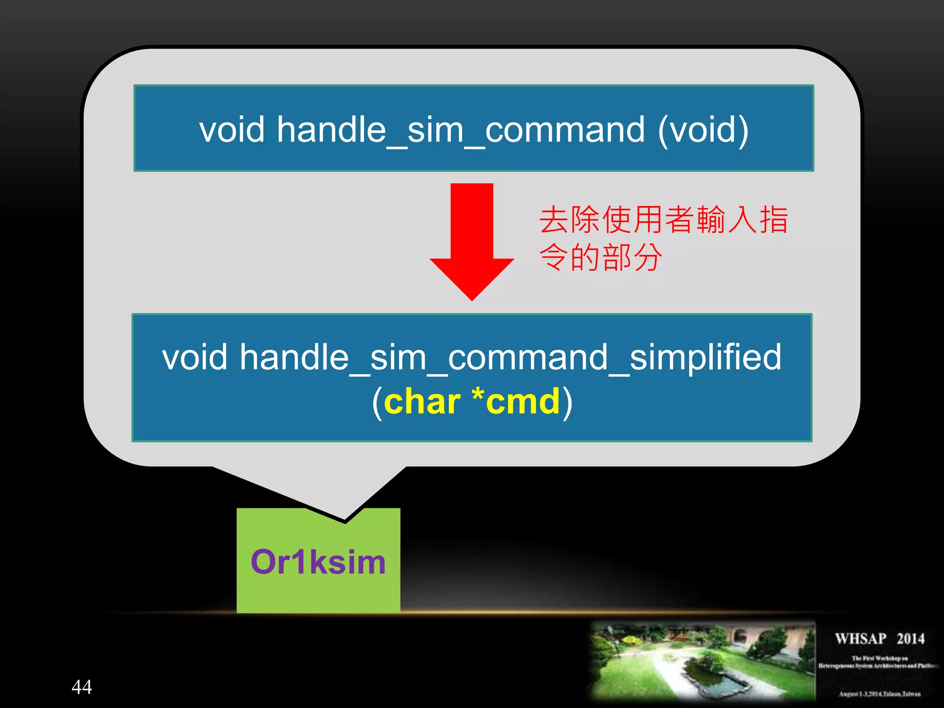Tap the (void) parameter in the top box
702,130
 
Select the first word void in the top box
231,130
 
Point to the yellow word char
422,402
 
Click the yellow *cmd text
516,402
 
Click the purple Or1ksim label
318,562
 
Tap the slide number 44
82,687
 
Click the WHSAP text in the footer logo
861,639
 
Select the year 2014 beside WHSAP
910,639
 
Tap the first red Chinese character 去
554,220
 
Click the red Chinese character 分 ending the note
648,257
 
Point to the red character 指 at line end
774,220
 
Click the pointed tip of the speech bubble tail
345,521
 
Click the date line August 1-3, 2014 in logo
879,694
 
